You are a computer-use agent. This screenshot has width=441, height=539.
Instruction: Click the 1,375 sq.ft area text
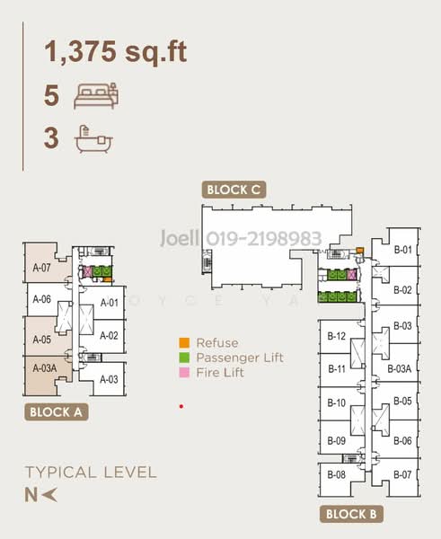pos(116,51)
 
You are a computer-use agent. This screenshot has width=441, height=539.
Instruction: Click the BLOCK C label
pos(234,190)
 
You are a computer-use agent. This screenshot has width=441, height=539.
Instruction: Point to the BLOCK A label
pos(56,413)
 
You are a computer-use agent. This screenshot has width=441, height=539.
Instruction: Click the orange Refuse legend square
pos(184,342)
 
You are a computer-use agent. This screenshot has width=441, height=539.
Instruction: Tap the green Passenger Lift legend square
pos(184,357)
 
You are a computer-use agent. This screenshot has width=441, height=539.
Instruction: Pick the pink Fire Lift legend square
pos(184,371)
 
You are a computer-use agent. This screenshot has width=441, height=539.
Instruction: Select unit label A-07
pos(41,267)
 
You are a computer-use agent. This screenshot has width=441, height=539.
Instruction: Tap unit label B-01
pos(401,251)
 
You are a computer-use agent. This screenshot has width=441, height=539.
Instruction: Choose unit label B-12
pos(337,337)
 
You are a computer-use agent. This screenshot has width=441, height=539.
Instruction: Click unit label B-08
pos(337,474)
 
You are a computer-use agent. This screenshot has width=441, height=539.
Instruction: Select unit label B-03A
pos(400,368)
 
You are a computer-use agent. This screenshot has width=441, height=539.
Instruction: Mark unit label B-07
pos(401,474)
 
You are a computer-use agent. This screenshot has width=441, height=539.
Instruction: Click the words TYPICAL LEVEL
pos(91,472)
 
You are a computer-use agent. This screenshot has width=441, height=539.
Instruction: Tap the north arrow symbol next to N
pos(50,492)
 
